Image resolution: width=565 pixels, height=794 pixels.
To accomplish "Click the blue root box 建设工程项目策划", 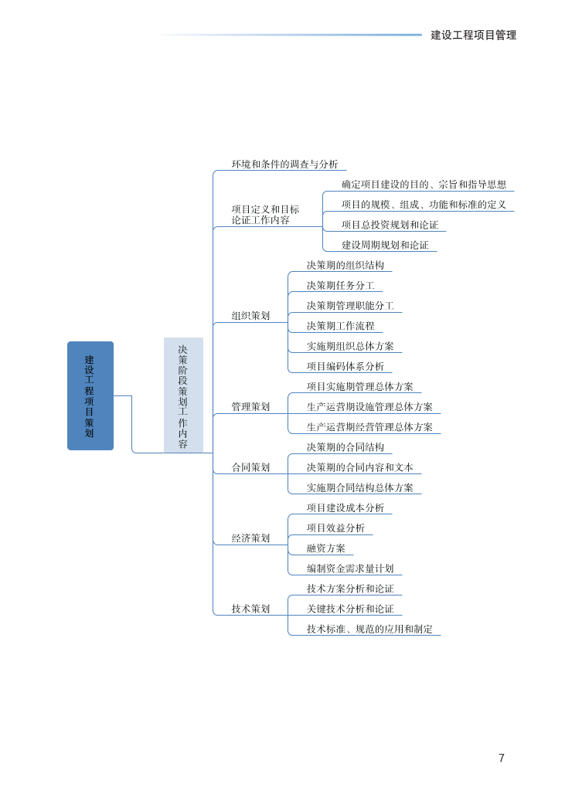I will tap(90, 395).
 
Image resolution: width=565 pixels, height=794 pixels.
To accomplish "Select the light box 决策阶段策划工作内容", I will tap(183, 395).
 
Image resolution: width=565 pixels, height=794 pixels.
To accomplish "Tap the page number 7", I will tap(502, 758).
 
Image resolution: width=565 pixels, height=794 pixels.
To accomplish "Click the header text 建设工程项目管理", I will tap(473, 35).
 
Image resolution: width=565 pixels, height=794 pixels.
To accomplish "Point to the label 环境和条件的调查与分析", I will tap(284, 164).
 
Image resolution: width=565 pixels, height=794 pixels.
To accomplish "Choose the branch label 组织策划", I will tap(250, 315).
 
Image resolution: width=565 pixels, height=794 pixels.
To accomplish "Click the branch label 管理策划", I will tap(250, 406).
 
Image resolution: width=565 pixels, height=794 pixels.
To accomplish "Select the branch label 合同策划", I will tap(250, 467).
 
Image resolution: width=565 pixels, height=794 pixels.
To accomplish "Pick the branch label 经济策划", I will tap(250, 538).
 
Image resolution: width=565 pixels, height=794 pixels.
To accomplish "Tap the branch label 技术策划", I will tap(250, 609).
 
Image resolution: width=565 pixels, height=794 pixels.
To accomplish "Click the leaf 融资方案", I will tap(325, 548).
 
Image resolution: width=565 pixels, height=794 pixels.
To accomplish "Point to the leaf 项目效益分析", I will tap(335, 528).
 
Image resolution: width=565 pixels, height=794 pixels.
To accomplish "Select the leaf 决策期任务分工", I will tap(340, 285).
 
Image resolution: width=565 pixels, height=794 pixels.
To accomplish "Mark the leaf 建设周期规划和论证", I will tap(385, 245).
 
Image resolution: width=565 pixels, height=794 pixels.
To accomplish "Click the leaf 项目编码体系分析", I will tap(345, 366).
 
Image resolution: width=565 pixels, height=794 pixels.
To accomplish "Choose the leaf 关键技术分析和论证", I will tap(350, 609).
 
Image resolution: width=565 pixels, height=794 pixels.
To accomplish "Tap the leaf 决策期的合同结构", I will tap(345, 446).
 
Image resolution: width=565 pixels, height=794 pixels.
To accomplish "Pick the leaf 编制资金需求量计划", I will tap(350, 568).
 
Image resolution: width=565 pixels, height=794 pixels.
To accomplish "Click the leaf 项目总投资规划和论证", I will tap(390, 225).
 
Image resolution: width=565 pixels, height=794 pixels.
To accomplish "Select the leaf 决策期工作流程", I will tap(340, 326).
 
